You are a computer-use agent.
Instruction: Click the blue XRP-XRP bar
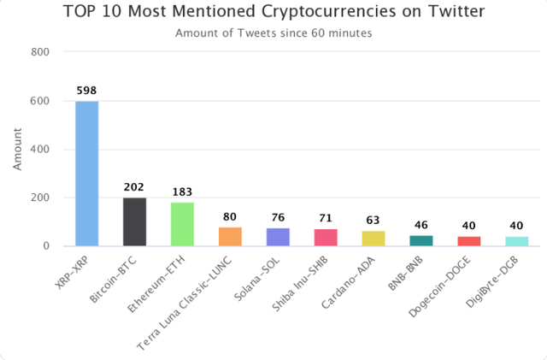coord(86,174)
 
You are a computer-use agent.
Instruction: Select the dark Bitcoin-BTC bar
coord(134,222)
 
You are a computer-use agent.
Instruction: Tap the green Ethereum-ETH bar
coord(182,225)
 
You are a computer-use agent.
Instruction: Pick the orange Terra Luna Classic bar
coord(230,237)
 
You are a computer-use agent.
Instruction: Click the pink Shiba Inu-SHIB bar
coord(326,238)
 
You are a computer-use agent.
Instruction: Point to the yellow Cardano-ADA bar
coord(373,239)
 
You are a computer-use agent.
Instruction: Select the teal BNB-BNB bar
coord(421,241)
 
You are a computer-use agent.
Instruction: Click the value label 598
coord(86,91)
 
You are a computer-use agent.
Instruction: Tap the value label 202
coord(134,186)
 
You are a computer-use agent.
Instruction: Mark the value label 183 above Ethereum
coord(182,192)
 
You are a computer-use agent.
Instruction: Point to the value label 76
coord(278,217)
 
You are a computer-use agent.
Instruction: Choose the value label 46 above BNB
coord(421,225)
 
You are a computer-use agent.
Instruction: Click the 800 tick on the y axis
coord(40,52)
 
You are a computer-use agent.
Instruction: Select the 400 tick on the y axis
coord(40,150)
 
